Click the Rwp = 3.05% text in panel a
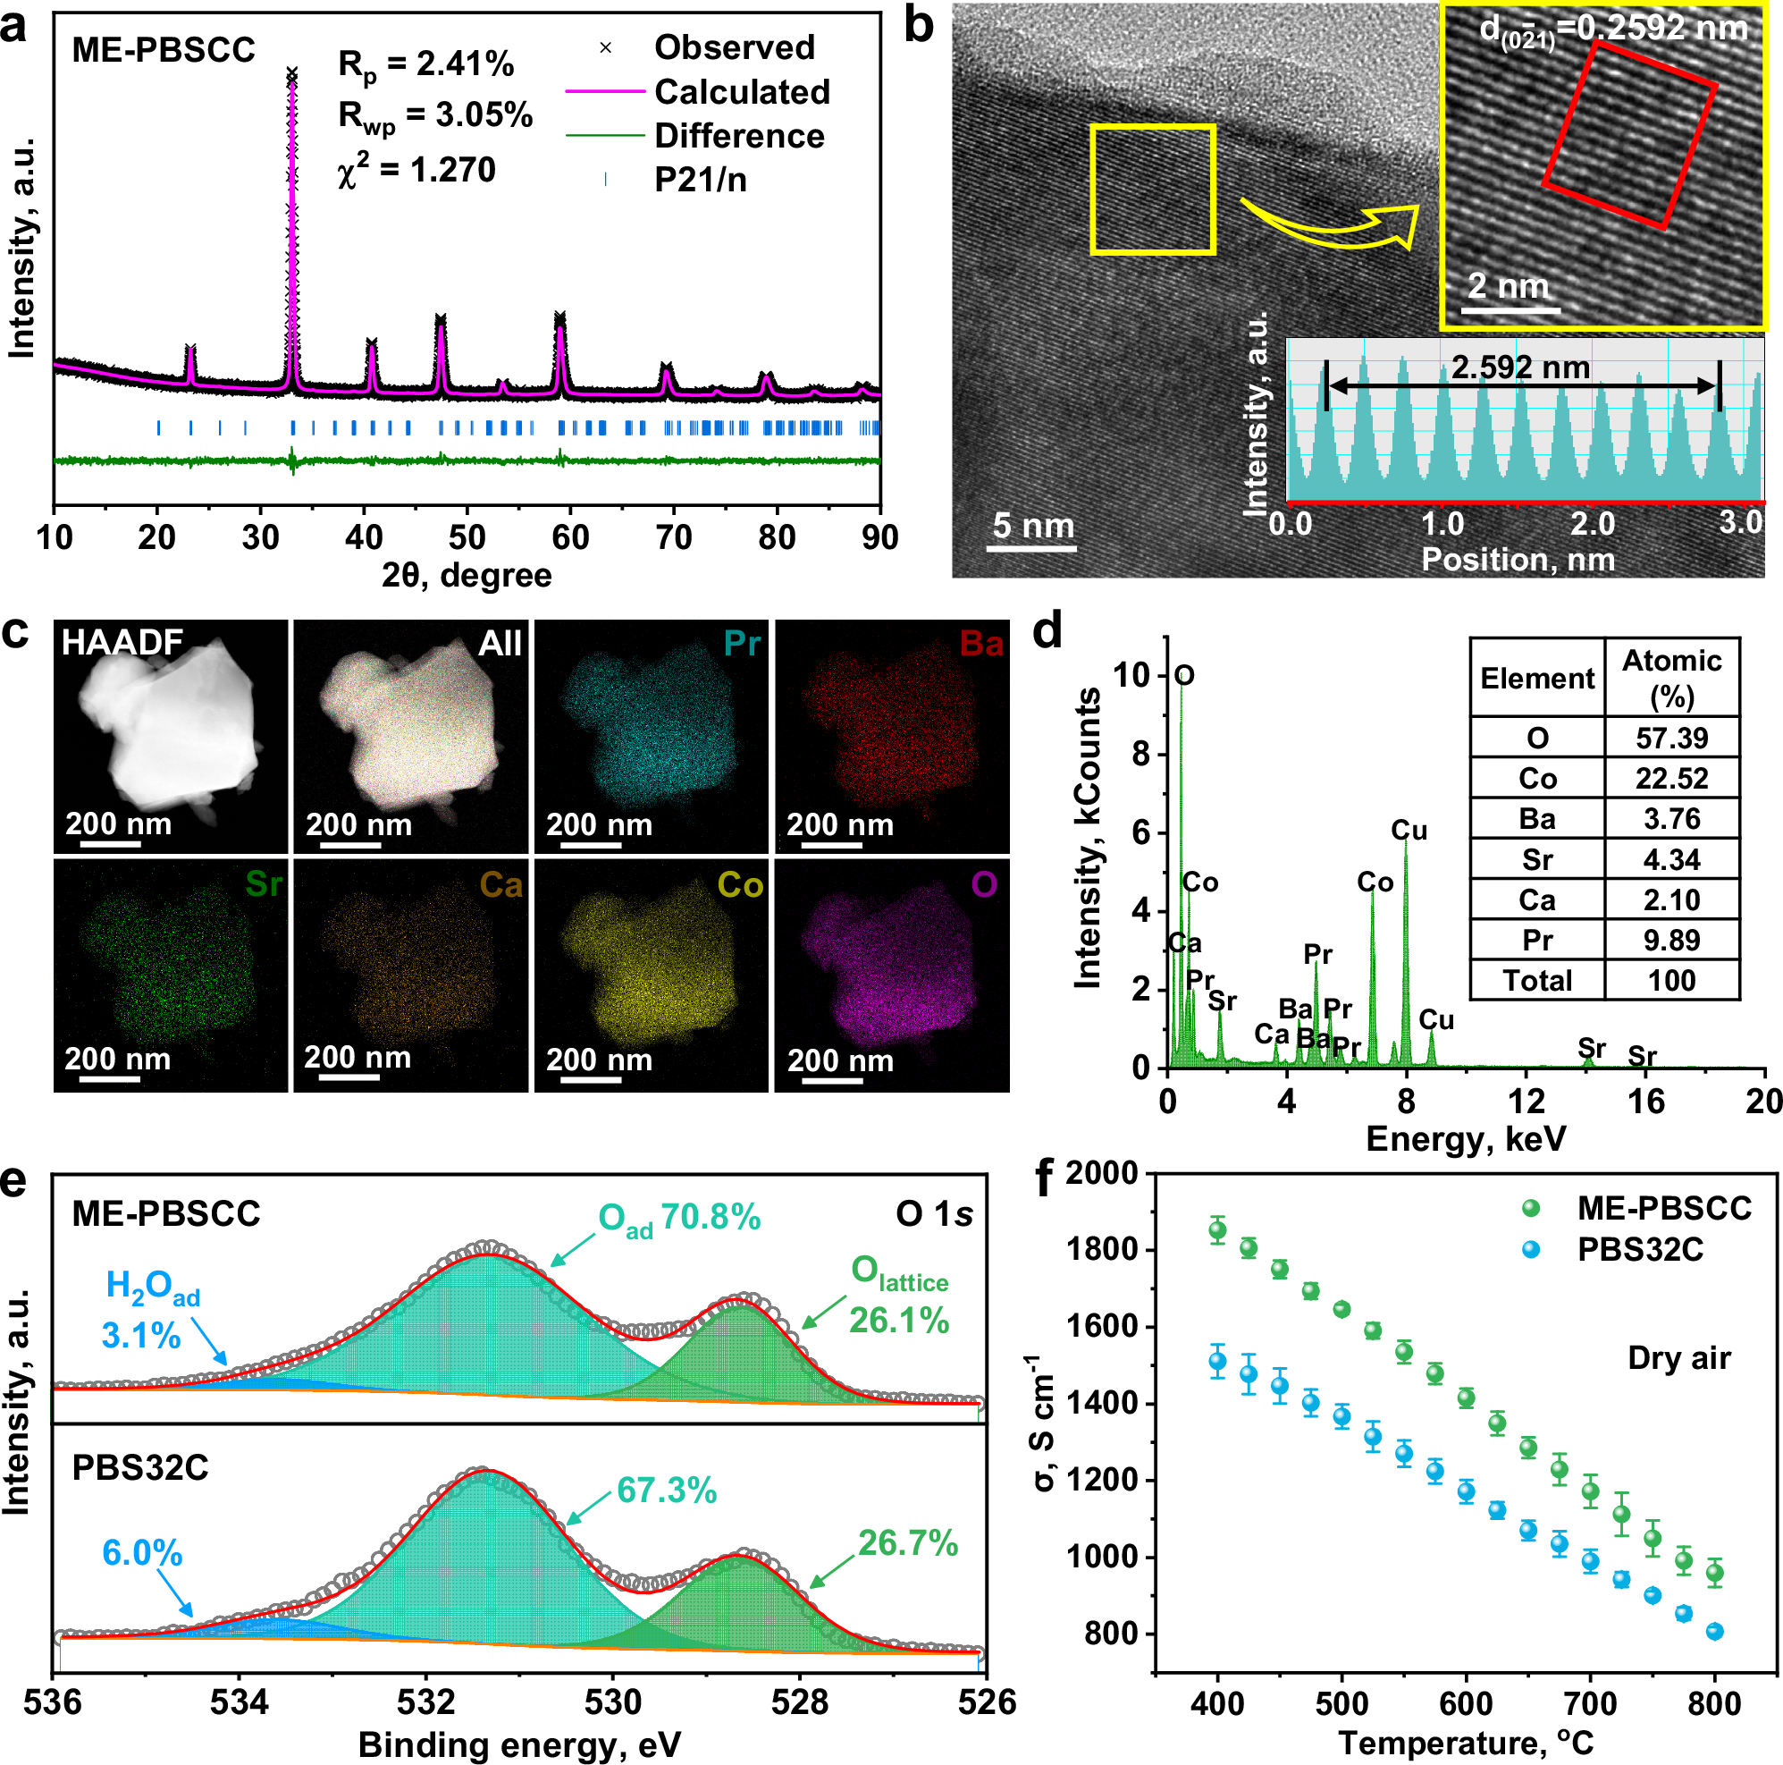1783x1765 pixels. click(x=434, y=115)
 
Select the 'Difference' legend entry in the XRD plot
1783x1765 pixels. click(x=738, y=136)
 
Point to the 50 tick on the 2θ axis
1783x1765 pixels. click(x=467, y=536)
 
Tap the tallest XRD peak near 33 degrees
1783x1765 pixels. click(x=292, y=83)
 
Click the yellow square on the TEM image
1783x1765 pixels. click(x=1152, y=190)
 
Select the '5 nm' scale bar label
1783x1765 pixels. click(x=1032, y=525)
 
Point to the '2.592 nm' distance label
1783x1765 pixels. click(x=1520, y=367)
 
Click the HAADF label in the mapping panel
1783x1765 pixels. click(x=122, y=642)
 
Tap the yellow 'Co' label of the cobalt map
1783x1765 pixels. click(x=740, y=885)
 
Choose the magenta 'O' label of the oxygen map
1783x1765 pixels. click(x=984, y=885)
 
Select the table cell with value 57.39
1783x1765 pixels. click(x=1671, y=738)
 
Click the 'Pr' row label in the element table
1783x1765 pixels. click(x=1536, y=940)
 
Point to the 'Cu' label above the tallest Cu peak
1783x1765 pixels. click(x=1409, y=831)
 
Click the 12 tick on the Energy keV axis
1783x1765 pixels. click(x=1526, y=1101)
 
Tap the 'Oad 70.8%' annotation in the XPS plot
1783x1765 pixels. click(x=679, y=1219)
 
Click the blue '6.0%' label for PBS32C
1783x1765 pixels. click(x=142, y=1553)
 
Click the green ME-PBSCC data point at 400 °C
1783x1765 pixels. click(x=1217, y=1229)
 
